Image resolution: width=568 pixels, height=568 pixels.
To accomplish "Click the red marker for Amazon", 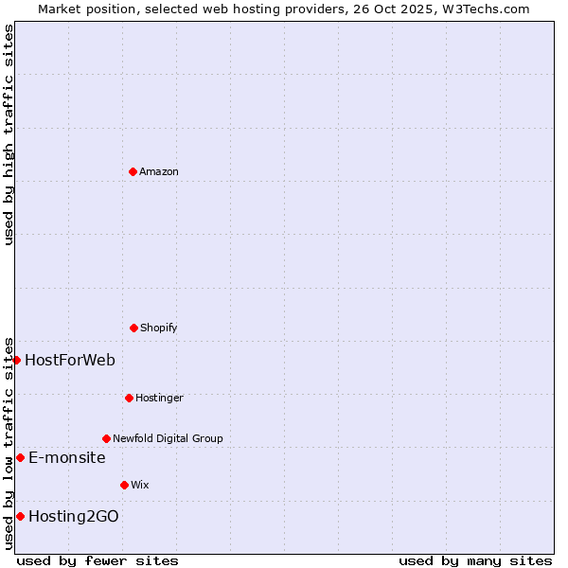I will tap(133, 171).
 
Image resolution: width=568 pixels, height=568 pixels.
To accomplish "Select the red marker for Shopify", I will tap(133, 328).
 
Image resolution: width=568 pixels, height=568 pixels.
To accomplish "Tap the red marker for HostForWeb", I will tap(16, 360).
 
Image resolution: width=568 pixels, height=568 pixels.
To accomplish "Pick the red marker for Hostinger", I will tap(129, 398).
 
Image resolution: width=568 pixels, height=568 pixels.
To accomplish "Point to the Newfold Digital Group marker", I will tap(106, 438).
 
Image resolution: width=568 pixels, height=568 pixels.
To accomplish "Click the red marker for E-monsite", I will tap(20, 457).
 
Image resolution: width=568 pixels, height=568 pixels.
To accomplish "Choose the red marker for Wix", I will tap(124, 485).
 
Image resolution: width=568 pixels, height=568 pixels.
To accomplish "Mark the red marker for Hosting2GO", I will tap(20, 516).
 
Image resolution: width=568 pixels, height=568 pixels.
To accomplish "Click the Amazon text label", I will tap(159, 171).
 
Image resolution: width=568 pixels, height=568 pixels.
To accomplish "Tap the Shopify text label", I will tap(159, 328).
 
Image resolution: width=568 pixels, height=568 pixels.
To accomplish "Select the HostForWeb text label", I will tap(70, 360).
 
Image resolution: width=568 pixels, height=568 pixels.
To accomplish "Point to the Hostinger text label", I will tap(159, 398).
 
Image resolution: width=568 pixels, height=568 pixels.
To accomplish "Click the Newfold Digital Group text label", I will tap(168, 438).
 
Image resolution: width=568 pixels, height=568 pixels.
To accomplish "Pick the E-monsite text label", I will tap(66, 457).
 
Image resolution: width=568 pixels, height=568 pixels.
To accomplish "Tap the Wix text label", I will tap(140, 485).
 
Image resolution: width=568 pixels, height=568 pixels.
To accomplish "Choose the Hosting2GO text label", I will tap(74, 516).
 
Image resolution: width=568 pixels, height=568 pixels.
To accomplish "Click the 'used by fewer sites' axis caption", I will tap(98, 560).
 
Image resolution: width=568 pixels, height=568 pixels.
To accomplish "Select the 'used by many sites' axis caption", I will tap(475, 560).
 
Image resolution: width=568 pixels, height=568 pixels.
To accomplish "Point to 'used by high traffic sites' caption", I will tap(9, 134).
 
